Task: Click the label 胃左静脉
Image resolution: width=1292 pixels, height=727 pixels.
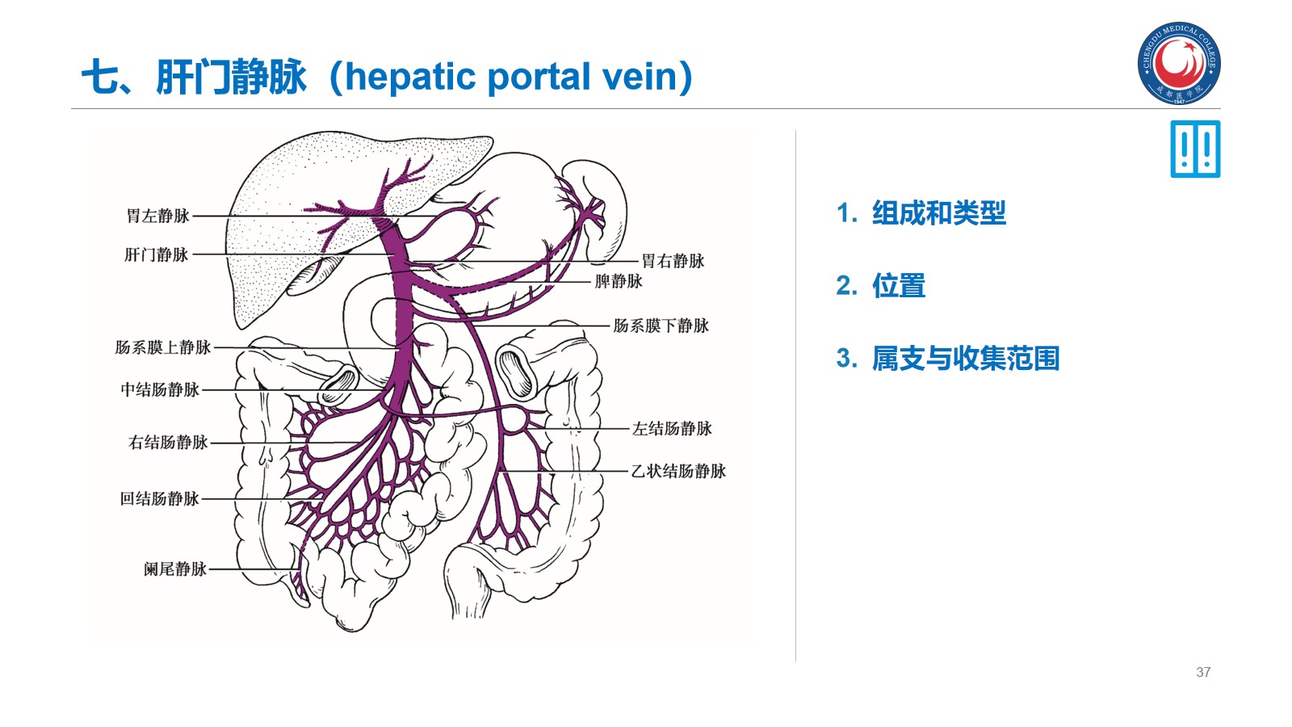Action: point(157,216)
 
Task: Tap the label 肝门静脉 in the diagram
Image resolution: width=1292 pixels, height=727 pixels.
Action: point(157,254)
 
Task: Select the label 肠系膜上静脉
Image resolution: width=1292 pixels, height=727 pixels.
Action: point(162,347)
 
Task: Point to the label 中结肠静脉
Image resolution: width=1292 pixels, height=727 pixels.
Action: point(160,389)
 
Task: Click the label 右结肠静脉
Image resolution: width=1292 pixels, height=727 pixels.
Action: point(168,442)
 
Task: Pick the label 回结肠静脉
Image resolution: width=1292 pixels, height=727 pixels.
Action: point(159,498)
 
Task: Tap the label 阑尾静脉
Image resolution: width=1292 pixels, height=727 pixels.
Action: point(174,569)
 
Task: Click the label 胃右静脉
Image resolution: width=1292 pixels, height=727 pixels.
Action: point(673,261)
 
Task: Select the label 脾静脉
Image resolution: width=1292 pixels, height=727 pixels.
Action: point(618,281)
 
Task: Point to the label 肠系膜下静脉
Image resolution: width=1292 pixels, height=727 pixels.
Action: point(661,326)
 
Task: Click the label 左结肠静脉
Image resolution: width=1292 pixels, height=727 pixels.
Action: point(672,428)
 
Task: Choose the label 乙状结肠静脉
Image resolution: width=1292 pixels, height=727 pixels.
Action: point(678,471)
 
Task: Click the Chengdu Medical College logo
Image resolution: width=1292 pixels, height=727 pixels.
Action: point(1179,63)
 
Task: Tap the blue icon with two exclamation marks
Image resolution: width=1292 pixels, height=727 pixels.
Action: point(1195,149)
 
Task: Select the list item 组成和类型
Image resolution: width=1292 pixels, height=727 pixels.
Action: point(938,213)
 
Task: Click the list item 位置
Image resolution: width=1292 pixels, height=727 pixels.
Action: point(898,286)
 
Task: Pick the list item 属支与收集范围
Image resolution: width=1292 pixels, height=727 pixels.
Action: point(965,359)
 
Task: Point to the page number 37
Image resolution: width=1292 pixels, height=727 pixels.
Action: point(1203,672)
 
